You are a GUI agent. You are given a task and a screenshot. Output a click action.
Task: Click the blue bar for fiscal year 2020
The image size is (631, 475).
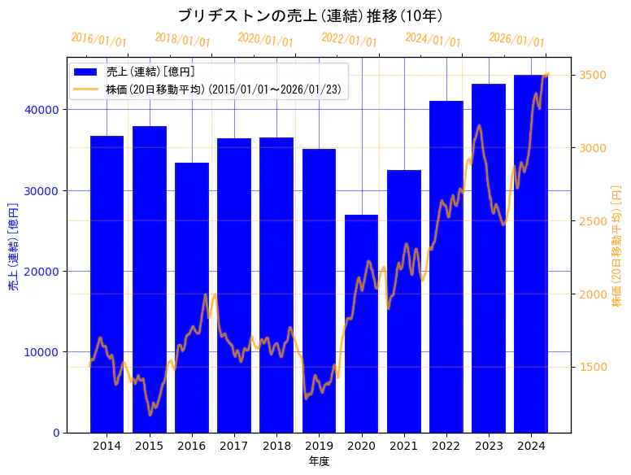click(361, 325)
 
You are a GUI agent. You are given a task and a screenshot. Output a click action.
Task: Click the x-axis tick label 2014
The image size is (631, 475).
click(107, 446)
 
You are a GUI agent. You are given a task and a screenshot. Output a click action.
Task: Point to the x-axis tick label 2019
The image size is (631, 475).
click(319, 446)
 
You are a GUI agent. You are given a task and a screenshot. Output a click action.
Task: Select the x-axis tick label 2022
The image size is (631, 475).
click(446, 446)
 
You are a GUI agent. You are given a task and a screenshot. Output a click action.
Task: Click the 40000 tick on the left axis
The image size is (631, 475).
click(46, 110)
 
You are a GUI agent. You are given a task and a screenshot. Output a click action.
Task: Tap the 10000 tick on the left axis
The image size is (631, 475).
click(46, 352)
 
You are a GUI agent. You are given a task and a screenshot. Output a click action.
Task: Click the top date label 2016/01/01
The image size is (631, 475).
click(99, 39)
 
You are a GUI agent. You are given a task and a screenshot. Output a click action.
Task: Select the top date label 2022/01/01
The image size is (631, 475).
click(350, 39)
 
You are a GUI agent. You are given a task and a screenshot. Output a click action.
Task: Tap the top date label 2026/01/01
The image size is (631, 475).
click(517, 39)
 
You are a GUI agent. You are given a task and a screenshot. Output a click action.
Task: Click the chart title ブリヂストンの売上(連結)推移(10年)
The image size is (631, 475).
click(310, 15)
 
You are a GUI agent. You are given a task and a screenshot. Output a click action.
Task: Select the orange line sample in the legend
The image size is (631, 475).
click(85, 88)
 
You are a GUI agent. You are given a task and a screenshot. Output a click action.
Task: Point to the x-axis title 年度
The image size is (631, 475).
click(319, 461)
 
